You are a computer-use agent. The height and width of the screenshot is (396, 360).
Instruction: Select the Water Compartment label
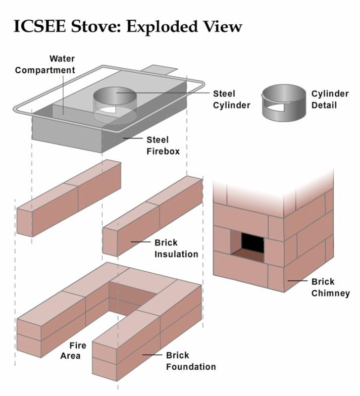(45, 64)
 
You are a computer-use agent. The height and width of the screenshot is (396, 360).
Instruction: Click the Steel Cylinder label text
(231, 99)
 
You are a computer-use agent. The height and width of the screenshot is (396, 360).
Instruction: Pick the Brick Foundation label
(191, 361)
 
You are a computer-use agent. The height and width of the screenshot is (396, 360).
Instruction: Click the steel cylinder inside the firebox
(115, 101)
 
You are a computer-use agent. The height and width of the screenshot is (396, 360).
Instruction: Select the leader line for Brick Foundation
(152, 354)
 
